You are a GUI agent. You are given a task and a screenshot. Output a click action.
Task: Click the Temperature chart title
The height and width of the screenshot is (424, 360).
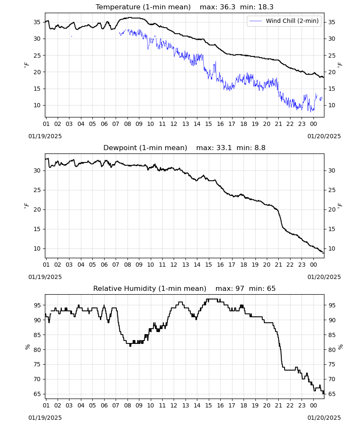[x=143, y=7]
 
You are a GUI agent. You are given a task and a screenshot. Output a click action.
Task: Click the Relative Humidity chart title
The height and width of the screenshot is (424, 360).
[x=150, y=288]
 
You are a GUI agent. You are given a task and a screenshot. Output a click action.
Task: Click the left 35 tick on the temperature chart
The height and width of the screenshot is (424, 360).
[x=37, y=22]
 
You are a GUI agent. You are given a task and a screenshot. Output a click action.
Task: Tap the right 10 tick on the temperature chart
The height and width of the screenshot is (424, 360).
[x=332, y=106]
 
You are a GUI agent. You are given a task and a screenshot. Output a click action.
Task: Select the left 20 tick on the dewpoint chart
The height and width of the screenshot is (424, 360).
[x=37, y=209]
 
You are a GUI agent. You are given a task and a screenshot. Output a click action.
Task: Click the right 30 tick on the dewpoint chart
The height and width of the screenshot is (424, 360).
[x=332, y=170]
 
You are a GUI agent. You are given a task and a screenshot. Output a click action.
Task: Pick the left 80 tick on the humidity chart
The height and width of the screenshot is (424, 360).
[x=37, y=350]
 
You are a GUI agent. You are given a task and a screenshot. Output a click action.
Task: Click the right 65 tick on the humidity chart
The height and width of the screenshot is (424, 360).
[x=332, y=394]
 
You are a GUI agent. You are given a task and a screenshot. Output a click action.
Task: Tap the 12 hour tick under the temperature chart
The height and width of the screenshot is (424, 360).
[x=174, y=124]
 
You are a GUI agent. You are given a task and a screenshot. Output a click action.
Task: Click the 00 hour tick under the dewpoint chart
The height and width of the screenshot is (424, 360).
[x=313, y=265]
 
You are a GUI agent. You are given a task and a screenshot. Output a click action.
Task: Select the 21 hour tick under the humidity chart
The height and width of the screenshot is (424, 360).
[x=278, y=405]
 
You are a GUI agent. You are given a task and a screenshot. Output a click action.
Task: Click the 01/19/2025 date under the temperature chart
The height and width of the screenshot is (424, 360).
[x=45, y=136]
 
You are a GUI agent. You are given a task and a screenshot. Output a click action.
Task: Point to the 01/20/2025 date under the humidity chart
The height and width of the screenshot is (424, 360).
[x=324, y=418]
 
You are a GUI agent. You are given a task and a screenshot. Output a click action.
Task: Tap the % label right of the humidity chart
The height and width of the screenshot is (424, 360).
[x=341, y=347]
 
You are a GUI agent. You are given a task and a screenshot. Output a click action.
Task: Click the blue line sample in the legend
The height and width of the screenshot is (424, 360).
[x=256, y=21]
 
